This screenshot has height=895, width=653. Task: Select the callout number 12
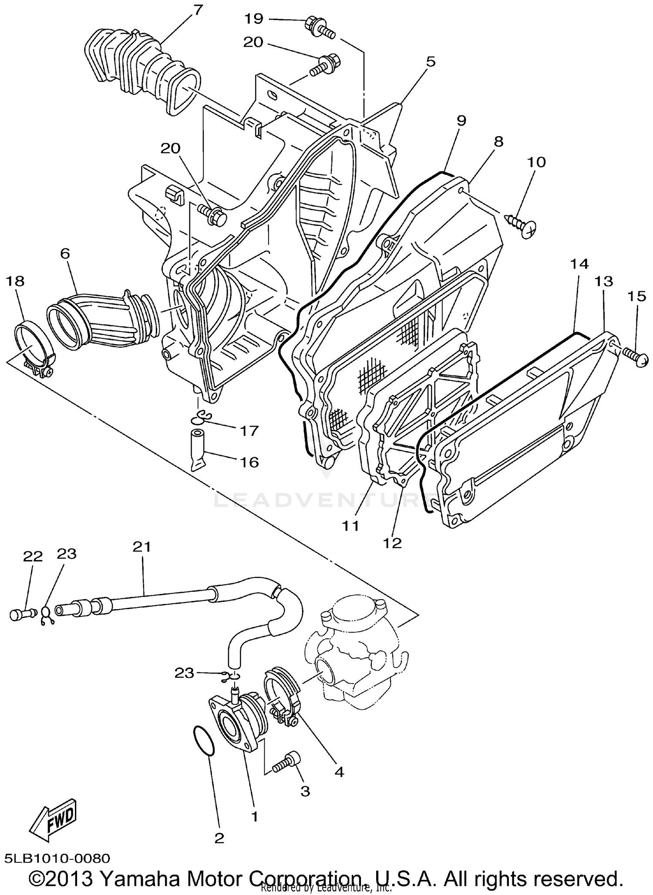coord(392,543)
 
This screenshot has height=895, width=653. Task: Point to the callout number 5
coord(430,61)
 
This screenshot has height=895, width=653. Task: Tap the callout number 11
coord(350,526)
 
